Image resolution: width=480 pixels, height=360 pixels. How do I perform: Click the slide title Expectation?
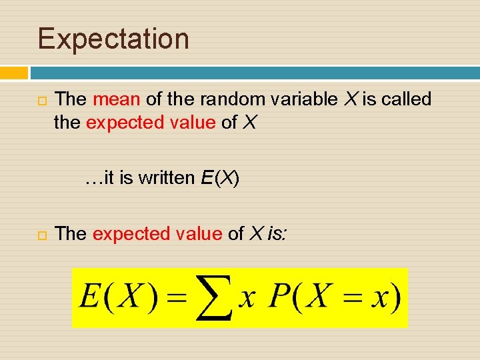113,39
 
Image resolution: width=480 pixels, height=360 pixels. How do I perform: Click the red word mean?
117,99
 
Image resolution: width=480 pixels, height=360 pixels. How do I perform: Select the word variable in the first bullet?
301,99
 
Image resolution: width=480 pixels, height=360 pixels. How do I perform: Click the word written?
167,178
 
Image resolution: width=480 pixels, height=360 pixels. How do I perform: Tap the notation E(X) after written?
219,178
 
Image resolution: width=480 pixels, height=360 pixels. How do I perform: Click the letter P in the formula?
278,297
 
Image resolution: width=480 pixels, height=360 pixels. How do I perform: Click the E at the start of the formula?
89,297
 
